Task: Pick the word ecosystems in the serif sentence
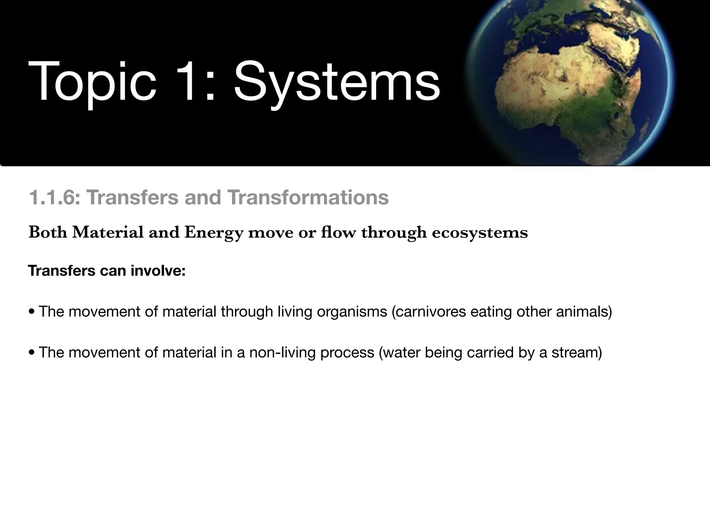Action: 480,232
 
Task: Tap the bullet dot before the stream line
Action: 32,353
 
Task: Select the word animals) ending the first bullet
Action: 584,312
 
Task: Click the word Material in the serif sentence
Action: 108,232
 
